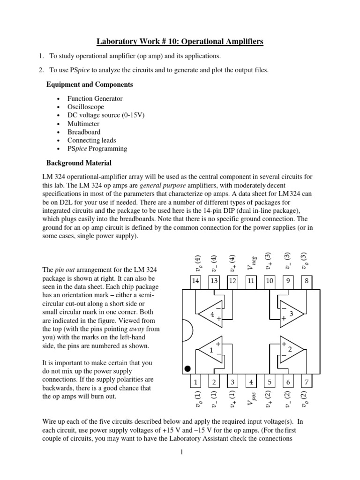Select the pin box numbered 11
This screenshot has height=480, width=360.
(x=251, y=281)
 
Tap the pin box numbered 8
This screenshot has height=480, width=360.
(x=306, y=281)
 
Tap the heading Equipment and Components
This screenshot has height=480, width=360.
(x=89, y=85)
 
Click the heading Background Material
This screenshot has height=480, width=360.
(x=78, y=163)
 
